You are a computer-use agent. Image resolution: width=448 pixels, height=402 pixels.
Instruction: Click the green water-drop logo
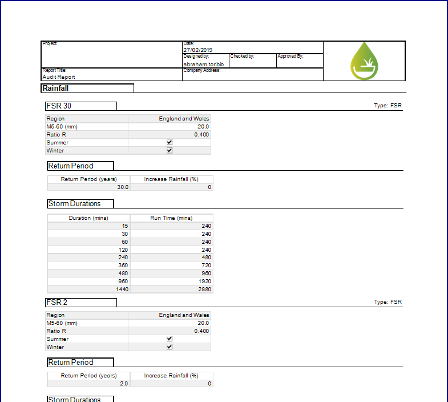pos(364,61)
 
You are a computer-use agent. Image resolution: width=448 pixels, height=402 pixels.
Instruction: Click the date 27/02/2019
pos(198,50)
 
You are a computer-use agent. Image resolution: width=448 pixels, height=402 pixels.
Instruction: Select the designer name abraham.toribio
pos(203,65)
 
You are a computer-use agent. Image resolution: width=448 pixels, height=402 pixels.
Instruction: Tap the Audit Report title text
pos(59,77)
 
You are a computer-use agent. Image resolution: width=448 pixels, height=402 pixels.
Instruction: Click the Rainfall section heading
pos(56,89)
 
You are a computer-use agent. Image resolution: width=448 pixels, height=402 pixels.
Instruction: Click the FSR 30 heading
pos(59,106)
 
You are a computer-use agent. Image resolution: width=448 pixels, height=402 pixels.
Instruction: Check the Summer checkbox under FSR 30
pos(169,143)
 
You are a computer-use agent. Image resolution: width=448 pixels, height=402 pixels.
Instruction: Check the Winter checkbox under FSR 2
pos(169,347)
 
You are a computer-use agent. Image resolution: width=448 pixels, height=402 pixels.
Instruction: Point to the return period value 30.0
pos(122,187)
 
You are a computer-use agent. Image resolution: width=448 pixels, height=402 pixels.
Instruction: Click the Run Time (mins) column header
pos(171,218)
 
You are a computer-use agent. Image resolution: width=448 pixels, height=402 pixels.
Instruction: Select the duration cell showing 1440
pos(122,290)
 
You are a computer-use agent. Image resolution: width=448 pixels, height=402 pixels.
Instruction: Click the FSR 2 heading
pos(58,303)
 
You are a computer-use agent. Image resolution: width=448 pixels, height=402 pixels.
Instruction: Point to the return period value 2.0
pos(123,384)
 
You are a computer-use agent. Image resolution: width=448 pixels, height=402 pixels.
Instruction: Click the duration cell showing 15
pos(124,226)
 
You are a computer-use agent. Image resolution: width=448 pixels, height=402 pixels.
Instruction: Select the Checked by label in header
pos(243,57)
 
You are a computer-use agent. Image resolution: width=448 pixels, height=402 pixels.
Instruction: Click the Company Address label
pos(201,70)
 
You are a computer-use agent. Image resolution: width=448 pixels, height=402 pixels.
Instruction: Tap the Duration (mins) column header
pos(88,218)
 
